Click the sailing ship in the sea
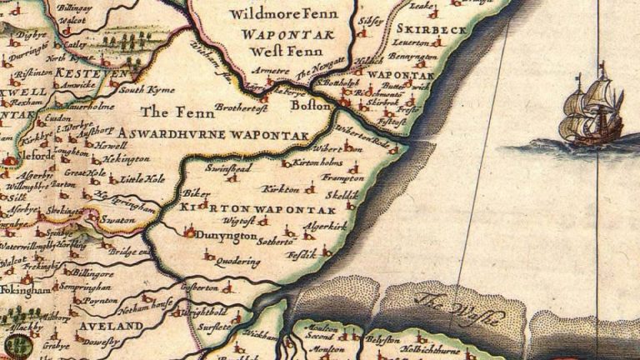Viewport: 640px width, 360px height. point(592,107)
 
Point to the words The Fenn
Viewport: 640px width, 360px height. point(166,111)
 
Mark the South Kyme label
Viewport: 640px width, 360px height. point(138,87)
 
